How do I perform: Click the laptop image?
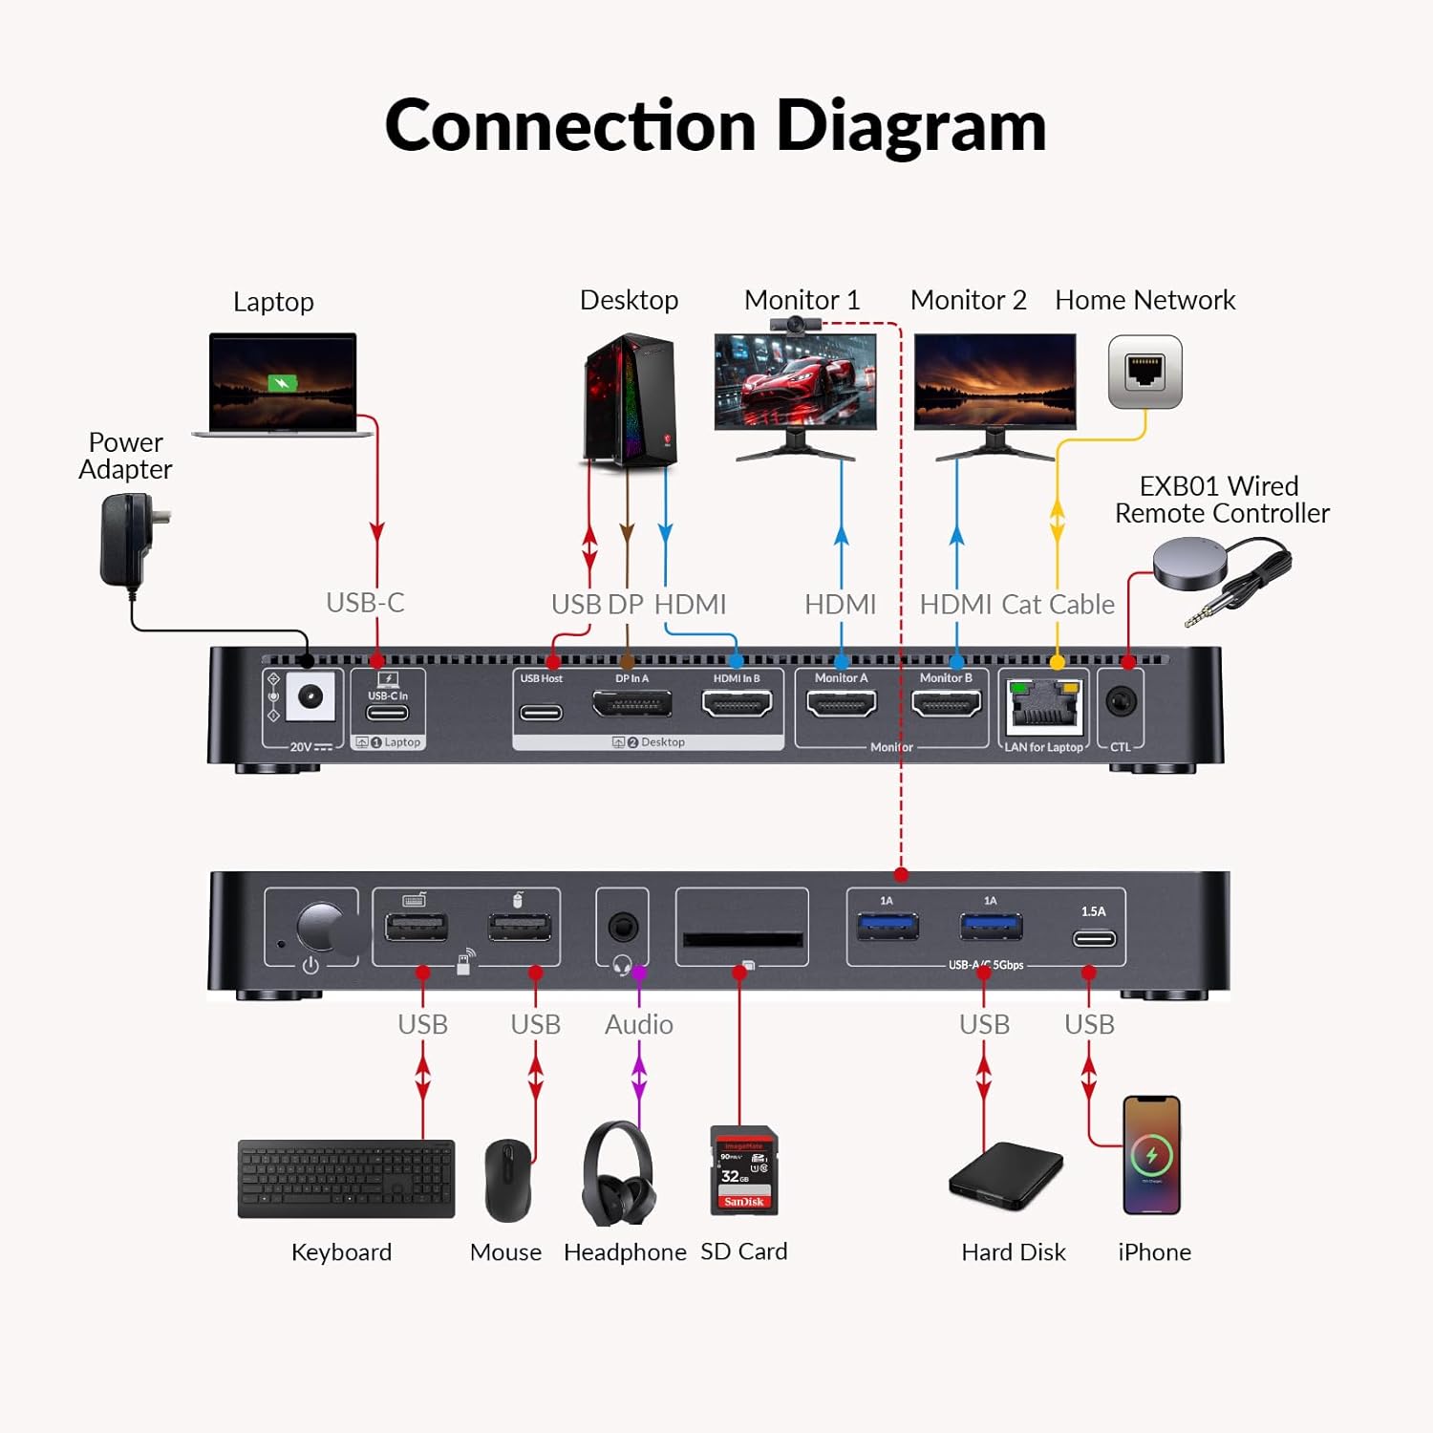283,385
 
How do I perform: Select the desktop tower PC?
631,399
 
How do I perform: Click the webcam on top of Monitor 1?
794,326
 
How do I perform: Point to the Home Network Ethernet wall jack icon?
1144,372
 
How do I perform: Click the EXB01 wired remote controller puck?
1189,563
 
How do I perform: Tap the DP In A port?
631,705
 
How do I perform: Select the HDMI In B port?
737,705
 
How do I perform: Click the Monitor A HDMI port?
841,705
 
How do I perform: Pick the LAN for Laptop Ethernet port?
1044,708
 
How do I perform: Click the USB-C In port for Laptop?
387,713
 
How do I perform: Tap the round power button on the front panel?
322,927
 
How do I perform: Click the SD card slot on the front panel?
742,938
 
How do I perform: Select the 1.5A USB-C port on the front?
1094,938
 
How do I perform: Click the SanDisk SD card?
744,1170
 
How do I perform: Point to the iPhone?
1151,1155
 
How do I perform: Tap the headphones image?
619,1174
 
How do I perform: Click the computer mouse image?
508,1180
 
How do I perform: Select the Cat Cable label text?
1058,604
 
